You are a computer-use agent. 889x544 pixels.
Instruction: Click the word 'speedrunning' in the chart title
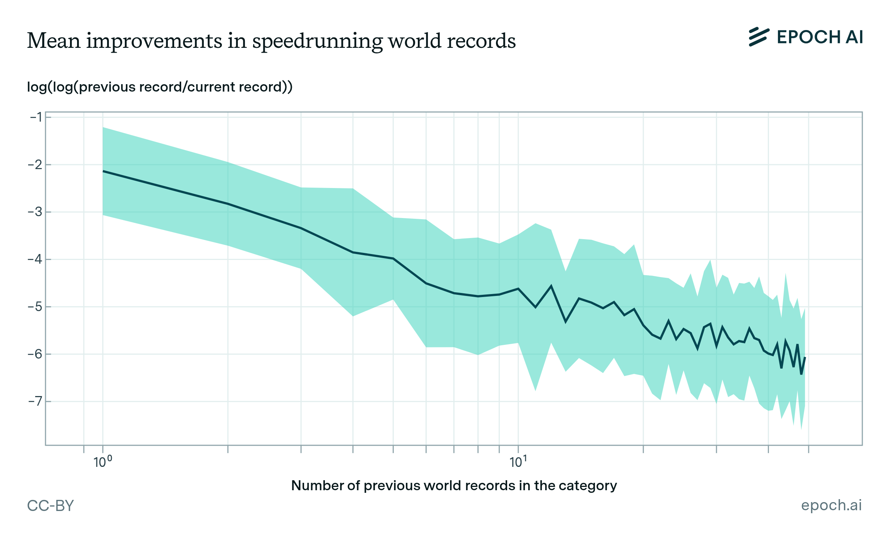pos(317,41)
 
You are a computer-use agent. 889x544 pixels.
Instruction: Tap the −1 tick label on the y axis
pos(36,118)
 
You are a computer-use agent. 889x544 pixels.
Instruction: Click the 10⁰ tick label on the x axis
pos(103,462)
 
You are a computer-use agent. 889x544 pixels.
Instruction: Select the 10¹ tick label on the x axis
pos(518,462)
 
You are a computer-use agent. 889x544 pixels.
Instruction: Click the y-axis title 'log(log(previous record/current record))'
pos(160,87)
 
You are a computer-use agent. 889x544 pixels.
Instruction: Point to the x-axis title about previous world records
pos(454,485)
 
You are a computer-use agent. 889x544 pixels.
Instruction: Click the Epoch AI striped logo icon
pos(759,37)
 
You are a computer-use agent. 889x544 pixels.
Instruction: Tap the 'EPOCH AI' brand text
pos(820,37)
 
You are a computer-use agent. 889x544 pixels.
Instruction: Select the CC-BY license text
pos(50,505)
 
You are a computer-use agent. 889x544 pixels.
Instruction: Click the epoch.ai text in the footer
pos(831,505)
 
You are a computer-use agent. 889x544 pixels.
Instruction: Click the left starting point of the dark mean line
pos(103,171)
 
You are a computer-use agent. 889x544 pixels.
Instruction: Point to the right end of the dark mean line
pos(805,357)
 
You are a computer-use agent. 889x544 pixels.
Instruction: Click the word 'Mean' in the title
pos(54,40)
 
